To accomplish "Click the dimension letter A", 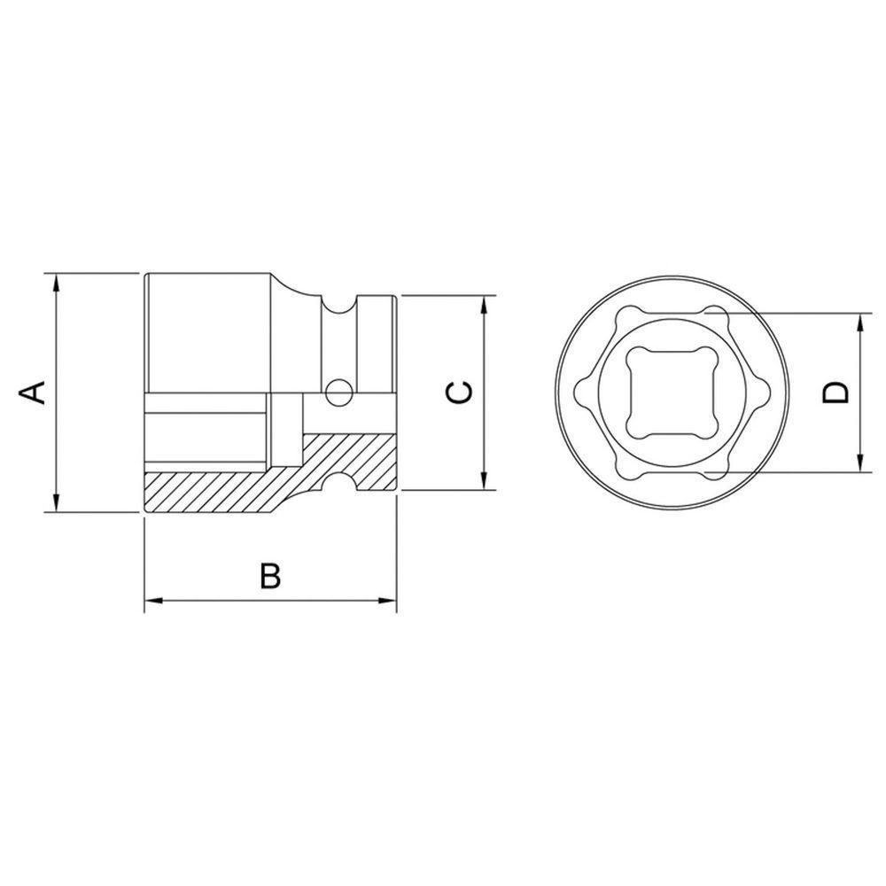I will pos(33,392).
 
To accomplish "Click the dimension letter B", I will pos(269,576).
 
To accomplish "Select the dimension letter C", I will pos(458,392).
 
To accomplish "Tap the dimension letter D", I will pos(835,392).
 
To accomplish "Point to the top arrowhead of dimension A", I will pos(56,283).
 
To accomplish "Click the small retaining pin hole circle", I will pos(337,390).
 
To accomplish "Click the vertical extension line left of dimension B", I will pos(144,563).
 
